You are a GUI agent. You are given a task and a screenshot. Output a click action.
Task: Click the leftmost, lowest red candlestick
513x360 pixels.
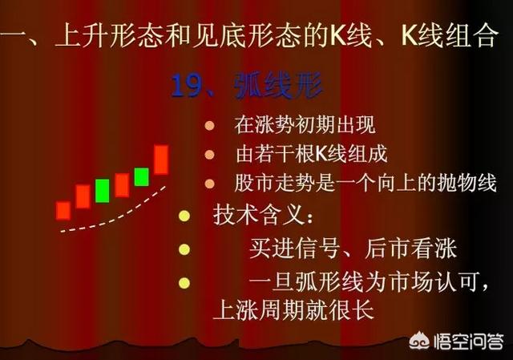point(63,211)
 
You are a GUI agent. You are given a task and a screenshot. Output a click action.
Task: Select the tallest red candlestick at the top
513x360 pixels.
point(161,160)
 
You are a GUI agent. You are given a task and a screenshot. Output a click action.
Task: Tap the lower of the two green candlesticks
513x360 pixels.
point(102,191)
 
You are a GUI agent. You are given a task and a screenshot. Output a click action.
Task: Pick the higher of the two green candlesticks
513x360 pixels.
point(141,176)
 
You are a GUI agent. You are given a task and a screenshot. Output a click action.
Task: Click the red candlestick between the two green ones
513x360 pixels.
point(122,185)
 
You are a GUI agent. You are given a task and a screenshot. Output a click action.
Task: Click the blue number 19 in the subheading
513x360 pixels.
point(185,87)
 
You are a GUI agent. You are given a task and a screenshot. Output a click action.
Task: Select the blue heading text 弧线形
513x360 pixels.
point(278,86)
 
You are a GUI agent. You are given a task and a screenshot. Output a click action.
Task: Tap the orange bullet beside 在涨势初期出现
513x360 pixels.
point(209,126)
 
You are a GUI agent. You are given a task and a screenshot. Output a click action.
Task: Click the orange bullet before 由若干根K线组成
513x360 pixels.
point(209,155)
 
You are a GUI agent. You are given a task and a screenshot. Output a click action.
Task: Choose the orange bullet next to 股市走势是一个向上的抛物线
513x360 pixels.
point(209,184)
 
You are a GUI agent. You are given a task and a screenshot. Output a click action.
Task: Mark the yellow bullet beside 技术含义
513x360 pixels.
point(184,216)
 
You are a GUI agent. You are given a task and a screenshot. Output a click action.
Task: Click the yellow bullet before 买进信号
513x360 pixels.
point(184,249)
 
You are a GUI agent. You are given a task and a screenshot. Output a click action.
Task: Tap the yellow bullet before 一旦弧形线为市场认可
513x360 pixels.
point(184,283)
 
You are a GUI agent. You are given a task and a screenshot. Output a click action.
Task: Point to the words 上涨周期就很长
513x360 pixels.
point(293,309)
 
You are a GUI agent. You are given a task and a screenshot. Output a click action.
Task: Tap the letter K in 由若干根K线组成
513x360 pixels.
point(321,154)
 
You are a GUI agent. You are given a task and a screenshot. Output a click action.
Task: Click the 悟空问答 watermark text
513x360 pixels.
point(468,342)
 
